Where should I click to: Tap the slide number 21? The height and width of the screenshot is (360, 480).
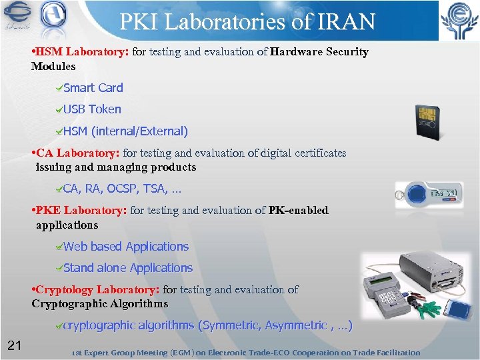pyautogui.click(x=15, y=345)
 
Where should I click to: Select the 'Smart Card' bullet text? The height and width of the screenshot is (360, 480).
pyautogui.click(x=93, y=88)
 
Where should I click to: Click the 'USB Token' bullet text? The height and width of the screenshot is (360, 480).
pyautogui.click(x=92, y=109)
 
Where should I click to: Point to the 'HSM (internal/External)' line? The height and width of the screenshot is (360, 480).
pyautogui.click(x=126, y=131)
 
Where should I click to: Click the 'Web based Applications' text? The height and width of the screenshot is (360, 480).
pyautogui.click(x=126, y=247)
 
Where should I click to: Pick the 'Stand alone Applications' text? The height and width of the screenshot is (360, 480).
pyautogui.click(x=128, y=268)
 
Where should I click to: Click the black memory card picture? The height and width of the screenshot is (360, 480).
pyautogui.click(x=427, y=121)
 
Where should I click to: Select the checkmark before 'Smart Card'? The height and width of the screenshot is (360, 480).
pyautogui.click(x=59, y=88)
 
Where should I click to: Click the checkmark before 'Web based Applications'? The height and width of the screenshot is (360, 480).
pyautogui.click(x=59, y=247)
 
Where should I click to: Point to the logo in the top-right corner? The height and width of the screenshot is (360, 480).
pyautogui.click(x=459, y=21)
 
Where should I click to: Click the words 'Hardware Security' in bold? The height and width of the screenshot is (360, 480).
pyautogui.click(x=320, y=52)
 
